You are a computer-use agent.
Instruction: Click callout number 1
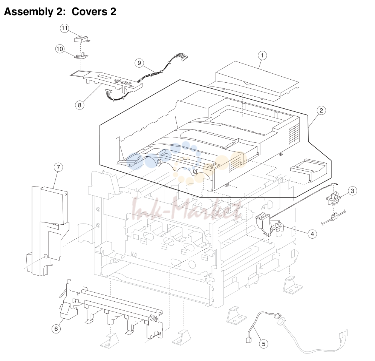coord(262,56)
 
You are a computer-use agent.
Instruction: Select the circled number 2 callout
coord(321,110)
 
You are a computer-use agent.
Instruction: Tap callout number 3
coord(352,191)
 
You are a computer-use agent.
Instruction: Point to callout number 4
coord(312,234)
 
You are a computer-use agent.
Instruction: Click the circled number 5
coord(263,344)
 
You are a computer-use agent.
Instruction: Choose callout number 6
coord(56,329)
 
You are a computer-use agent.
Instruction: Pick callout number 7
coord(58,167)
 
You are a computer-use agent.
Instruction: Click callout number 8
coord(80,105)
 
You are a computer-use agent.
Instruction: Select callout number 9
coord(139,63)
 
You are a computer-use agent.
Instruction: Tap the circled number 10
coord(60,49)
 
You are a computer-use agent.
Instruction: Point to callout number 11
coord(64,28)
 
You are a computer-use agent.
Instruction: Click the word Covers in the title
coord(89,11)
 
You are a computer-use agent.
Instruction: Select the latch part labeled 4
coord(268,224)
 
